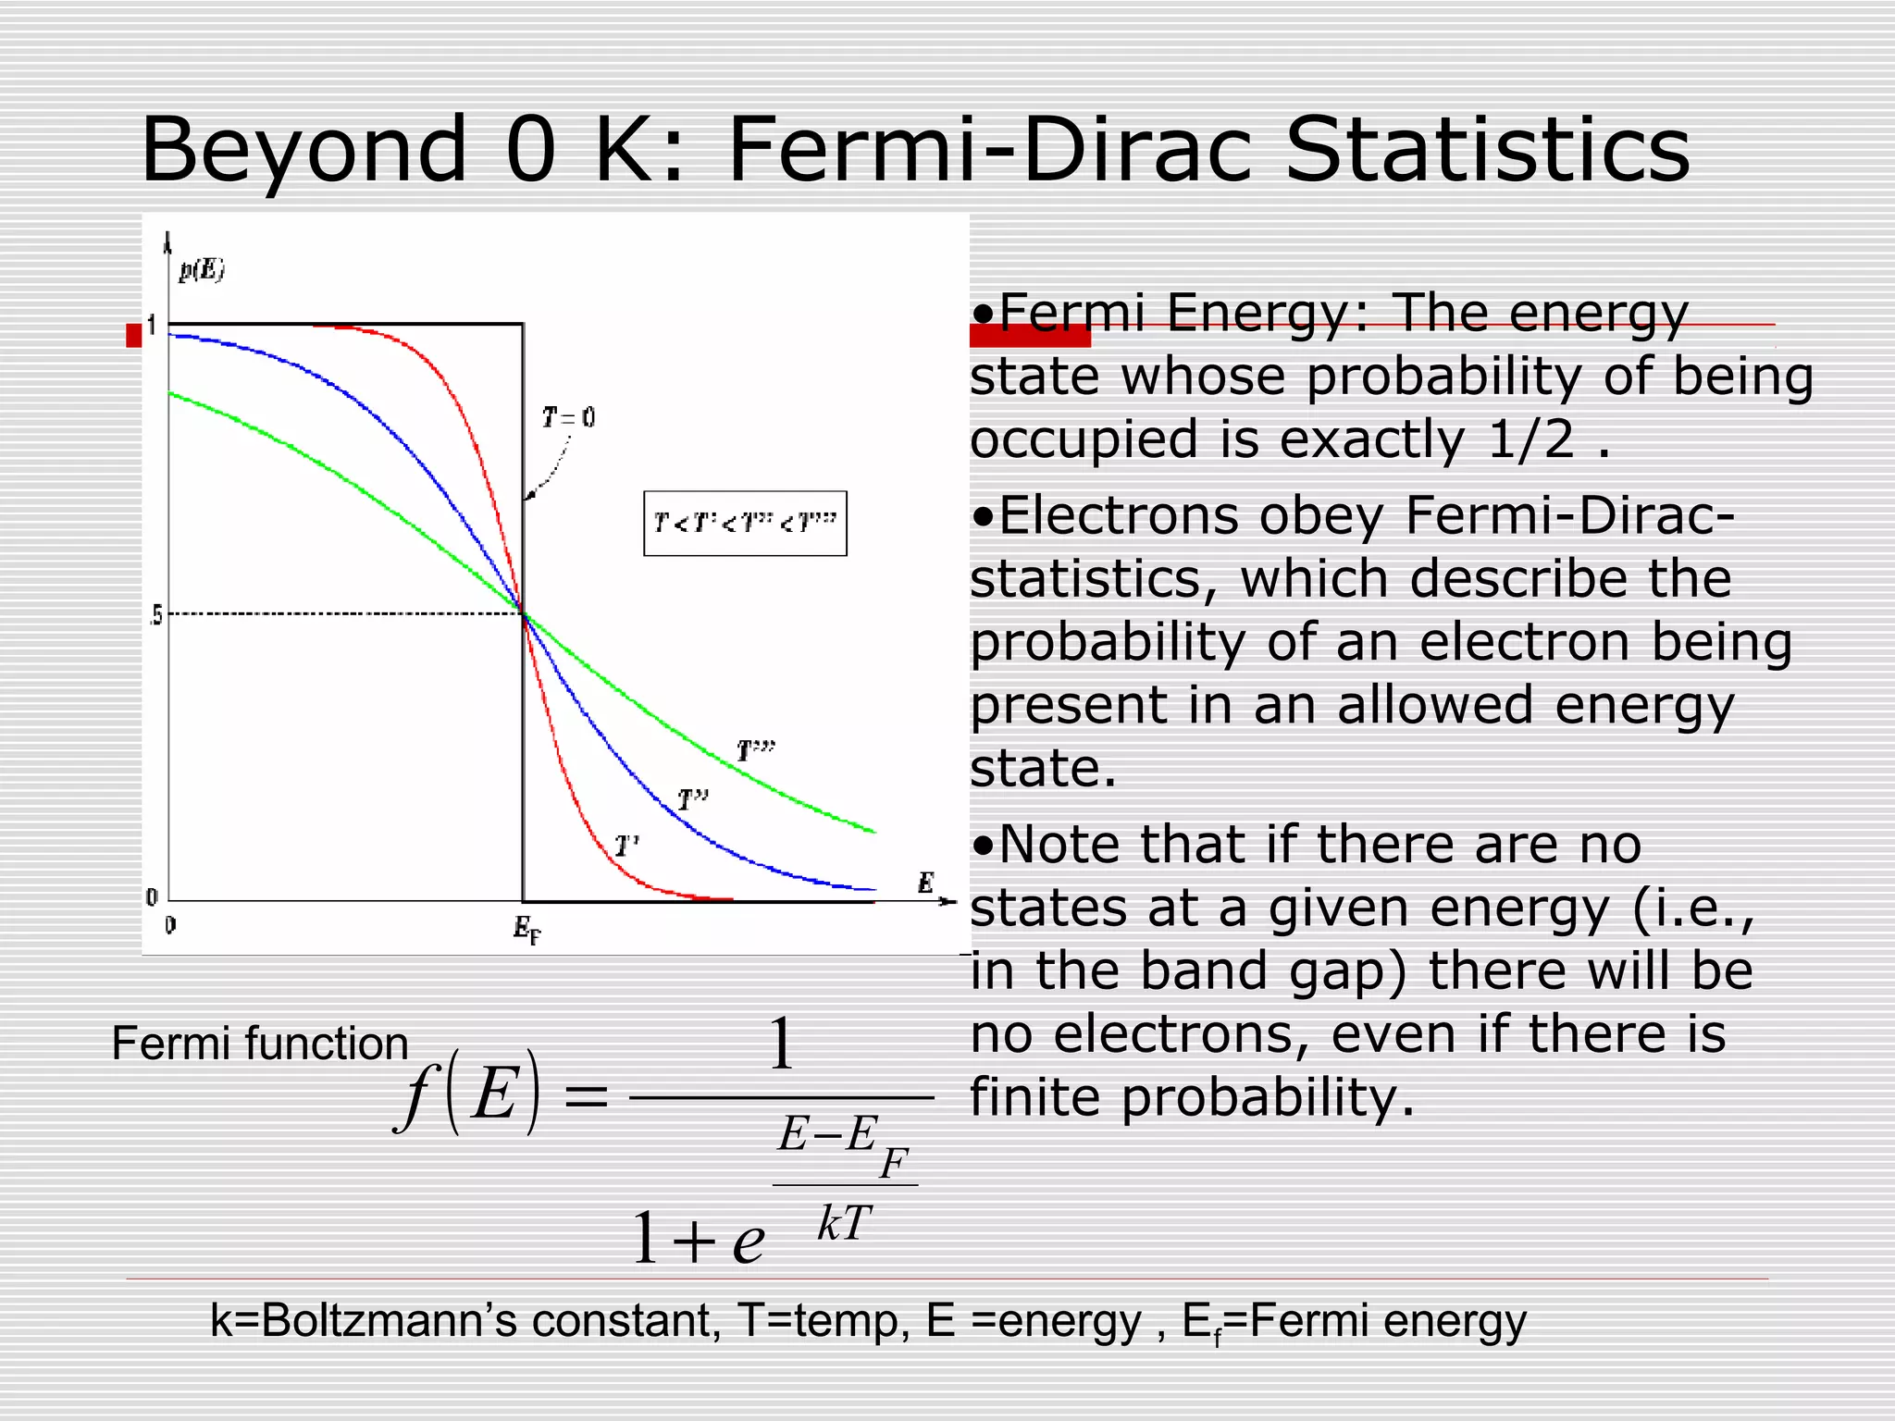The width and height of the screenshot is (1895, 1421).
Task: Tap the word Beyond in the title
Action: pyautogui.click(x=304, y=150)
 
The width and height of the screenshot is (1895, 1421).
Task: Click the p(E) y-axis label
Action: pyautogui.click(x=202, y=270)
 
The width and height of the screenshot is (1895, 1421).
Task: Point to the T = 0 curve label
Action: pyautogui.click(x=568, y=418)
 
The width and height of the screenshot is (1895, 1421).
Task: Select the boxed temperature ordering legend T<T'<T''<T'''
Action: pyautogui.click(x=745, y=524)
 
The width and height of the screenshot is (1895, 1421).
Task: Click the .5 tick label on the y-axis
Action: pyautogui.click(x=155, y=615)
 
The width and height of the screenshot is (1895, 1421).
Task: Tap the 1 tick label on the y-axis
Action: pyautogui.click(x=152, y=326)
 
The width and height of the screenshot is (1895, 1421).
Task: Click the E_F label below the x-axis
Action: pyautogui.click(x=526, y=928)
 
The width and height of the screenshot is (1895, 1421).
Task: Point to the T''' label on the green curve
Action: pyautogui.click(x=756, y=750)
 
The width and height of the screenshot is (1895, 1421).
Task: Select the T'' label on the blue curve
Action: pyautogui.click(x=692, y=799)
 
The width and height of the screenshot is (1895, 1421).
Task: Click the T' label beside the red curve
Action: pyautogui.click(x=626, y=846)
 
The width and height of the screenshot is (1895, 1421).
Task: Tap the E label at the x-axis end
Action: pyautogui.click(x=925, y=883)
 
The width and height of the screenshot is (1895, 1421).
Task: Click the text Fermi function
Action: pyautogui.click(x=260, y=1044)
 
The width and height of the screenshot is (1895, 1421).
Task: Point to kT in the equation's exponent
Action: pyautogui.click(x=844, y=1223)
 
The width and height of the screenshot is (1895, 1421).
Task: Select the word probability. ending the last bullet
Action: pyautogui.click(x=1268, y=1097)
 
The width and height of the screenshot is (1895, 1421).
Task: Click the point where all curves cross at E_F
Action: pyautogui.click(x=524, y=613)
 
